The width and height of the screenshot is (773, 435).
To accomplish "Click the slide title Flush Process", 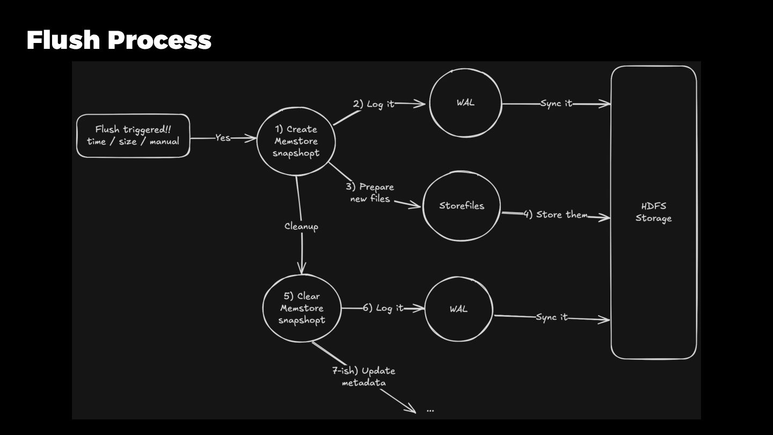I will pyautogui.click(x=119, y=40).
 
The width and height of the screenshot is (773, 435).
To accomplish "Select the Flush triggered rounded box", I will pyautogui.click(x=133, y=135).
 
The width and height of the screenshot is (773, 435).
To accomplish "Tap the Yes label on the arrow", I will pyautogui.click(x=223, y=138).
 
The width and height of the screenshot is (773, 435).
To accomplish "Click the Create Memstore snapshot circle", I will pyautogui.click(x=296, y=141).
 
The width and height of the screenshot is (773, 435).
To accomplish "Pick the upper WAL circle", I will pyautogui.click(x=465, y=103).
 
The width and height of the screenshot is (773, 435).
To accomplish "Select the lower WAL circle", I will pyautogui.click(x=458, y=309).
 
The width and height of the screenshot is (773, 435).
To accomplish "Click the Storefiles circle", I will pyautogui.click(x=462, y=206).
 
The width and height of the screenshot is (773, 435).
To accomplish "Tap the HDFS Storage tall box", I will pyautogui.click(x=653, y=212).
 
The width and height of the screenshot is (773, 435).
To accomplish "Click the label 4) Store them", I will pyautogui.click(x=556, y=215).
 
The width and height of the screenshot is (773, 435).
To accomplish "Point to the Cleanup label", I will pyautogui.click(x=301, y=226).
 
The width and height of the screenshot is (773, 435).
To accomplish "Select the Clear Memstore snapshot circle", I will pyautogui.click(x=302, y=308).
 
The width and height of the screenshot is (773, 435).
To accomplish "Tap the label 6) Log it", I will pyautogui.click(x=383, y=308).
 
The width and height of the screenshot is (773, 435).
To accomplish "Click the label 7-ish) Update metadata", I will pyautogui.click(x=364, y=376).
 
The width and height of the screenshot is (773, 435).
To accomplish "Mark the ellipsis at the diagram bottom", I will pyautogui.click(x=430, y=410).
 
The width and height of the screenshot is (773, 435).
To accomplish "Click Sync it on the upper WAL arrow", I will pyautogui.click(x=557, y=104).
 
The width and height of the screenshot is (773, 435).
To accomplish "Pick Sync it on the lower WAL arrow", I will pyautogui.click(x=551, y=317).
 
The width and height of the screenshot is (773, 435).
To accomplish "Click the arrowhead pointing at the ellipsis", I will pyautogui.click(x=412, y=410).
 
